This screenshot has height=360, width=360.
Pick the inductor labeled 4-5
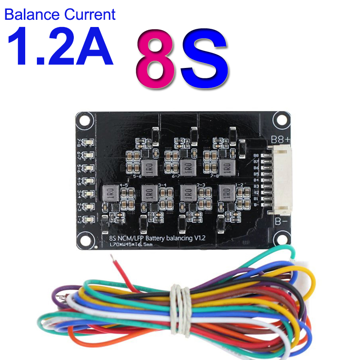click(x=109, y=193)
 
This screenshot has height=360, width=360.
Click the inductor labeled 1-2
click(x=226, y=193)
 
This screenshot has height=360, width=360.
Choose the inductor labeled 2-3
click(x=188, y=193)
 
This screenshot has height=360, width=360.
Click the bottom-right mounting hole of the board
click(x=282, y=238)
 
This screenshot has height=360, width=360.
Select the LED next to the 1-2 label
click(x=89, y=219)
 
